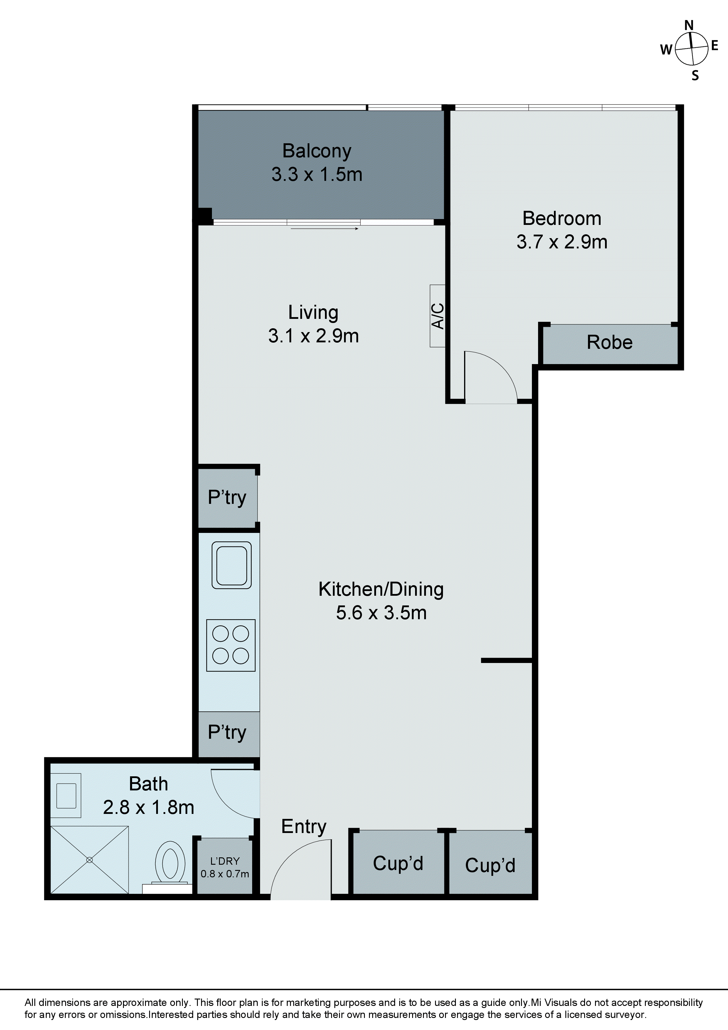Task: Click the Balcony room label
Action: [317, 151]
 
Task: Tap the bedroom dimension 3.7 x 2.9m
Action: [562, 242]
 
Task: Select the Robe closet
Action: [610, 343]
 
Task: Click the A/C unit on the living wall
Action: [438, 316]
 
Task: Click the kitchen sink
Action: [231, 565]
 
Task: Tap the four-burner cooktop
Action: [230, 645]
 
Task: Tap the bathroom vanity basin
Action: [66, 796]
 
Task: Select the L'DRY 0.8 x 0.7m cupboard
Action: [225, 867]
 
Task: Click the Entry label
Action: [304, 826]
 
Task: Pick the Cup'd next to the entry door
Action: [398, 863]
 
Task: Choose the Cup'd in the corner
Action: [490, 865]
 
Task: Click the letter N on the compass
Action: [689, 26]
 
